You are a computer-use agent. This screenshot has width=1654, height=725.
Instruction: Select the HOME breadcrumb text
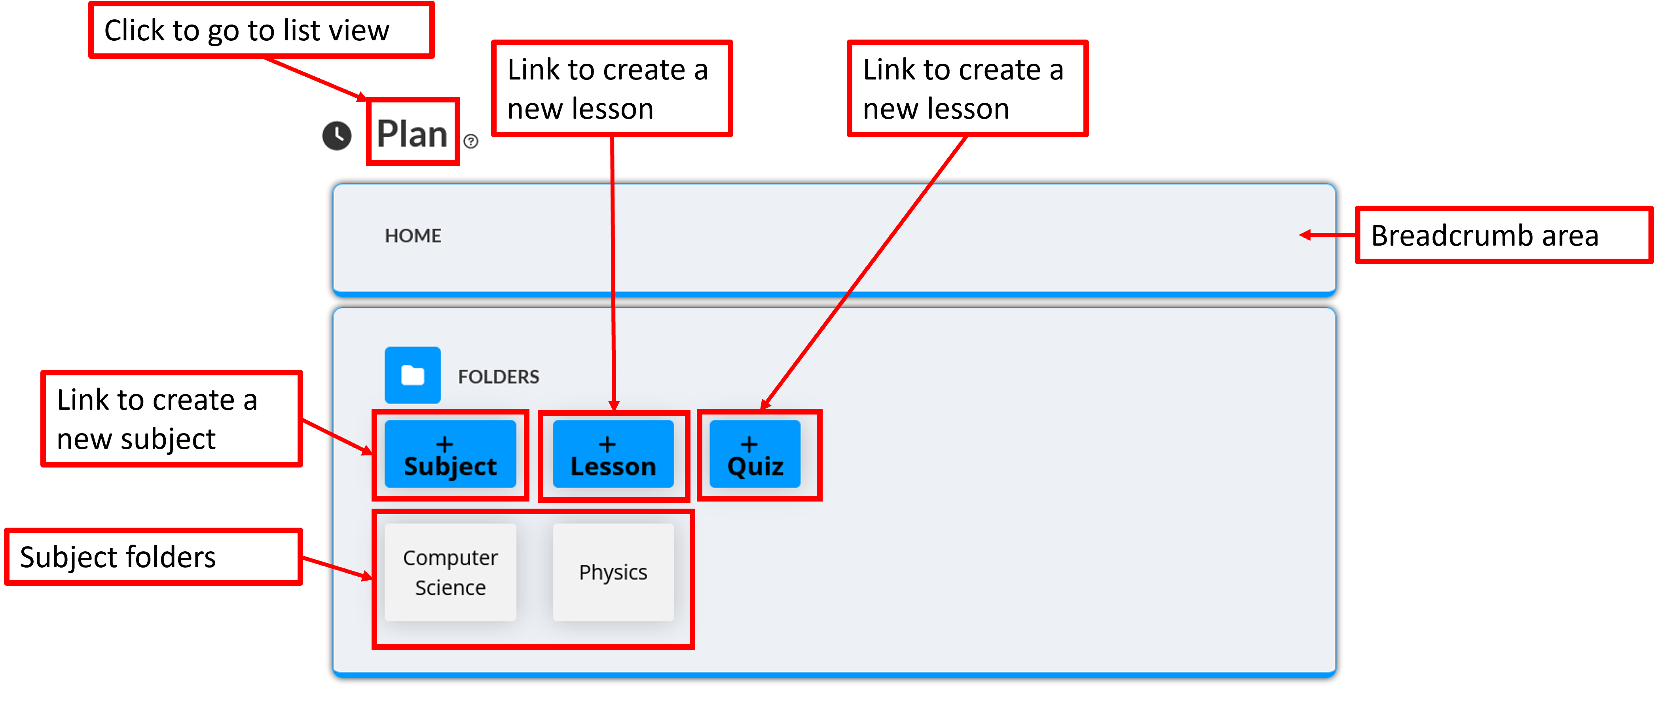tap(412, 235)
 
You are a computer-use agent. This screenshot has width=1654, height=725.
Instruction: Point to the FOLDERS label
tap(498, 377)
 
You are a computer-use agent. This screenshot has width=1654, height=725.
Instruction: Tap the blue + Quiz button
tap(755, 454)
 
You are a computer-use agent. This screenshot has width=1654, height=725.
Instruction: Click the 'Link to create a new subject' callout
tap(171, 419)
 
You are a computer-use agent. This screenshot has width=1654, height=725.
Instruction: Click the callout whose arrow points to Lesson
tap(611, 89)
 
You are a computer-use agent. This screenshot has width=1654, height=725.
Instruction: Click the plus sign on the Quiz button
tap(749, 444)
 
